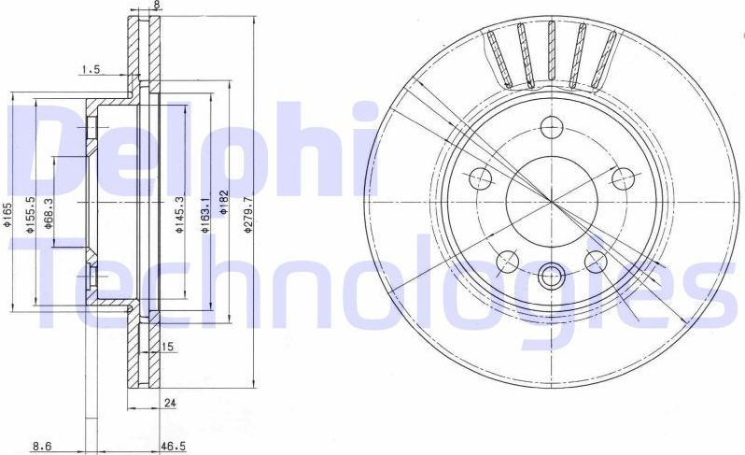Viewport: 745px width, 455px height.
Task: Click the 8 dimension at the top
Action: [156, 5]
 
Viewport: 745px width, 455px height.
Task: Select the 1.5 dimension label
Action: [91, 69]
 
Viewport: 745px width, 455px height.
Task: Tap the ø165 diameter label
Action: [7, 217]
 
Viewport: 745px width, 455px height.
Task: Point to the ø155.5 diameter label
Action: [32, 213]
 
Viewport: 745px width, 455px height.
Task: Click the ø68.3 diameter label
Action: [48, 214]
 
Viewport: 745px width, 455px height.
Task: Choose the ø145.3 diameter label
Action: [178, 213]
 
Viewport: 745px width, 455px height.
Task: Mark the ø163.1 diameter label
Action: [204, 213]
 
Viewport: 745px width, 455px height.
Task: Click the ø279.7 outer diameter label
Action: [248, 213]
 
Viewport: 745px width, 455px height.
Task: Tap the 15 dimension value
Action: [169, 348]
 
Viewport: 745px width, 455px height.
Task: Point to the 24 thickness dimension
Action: [170, 404]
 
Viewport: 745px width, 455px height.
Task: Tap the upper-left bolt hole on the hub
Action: [479, 176]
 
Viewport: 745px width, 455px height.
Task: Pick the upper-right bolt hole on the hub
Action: [623, 176]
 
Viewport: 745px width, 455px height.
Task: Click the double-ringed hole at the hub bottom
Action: [551, 275]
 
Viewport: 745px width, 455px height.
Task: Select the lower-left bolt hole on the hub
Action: [507, 260]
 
